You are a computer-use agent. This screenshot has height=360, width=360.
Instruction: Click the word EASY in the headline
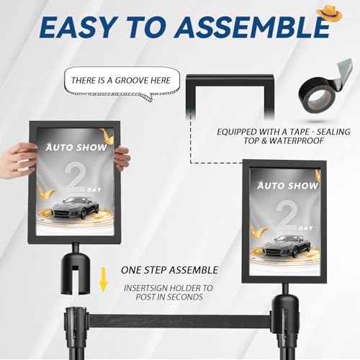point(72,27)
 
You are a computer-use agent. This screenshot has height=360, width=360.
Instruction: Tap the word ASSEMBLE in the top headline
point(245,27)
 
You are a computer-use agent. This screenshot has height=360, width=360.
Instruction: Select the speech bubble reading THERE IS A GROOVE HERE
point(121,81)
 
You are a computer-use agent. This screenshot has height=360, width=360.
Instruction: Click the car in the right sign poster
point(284,247)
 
